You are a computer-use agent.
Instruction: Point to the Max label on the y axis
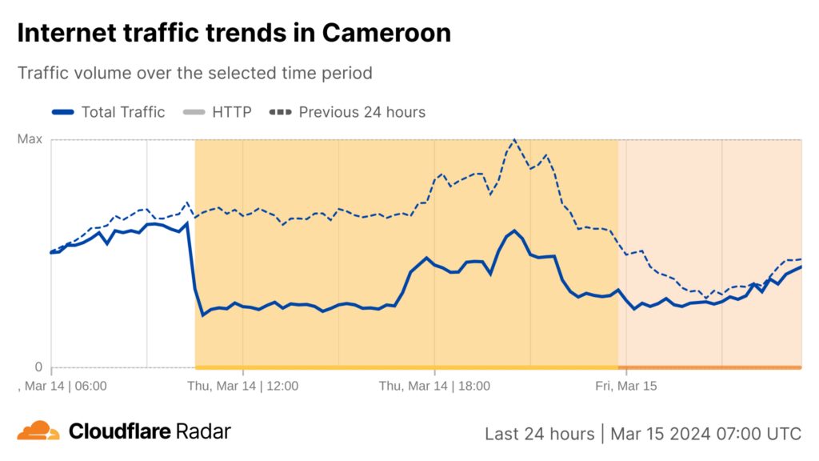tap(30, 139)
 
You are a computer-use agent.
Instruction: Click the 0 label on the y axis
tap(38, 367)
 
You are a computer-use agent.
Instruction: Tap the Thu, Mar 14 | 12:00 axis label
tap(242, 386)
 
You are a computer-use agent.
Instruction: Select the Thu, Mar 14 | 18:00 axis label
tap(434, 386)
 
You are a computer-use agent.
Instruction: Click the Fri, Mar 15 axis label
tap(626, 386)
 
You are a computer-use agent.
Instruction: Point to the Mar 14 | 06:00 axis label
tap(64, 386)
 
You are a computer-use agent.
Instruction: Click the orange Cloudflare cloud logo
tap(38, 431)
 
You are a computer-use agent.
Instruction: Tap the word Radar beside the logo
tap(204, 432)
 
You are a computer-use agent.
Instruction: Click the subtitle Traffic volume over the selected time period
tap(195, 73)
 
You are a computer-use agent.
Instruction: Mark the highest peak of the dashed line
tap(514, 140)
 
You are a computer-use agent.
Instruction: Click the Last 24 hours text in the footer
tap(539, 434)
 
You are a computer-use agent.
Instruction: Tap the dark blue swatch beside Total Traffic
tap(63, 112)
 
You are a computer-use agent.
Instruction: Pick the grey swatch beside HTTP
tap(194, 112)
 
